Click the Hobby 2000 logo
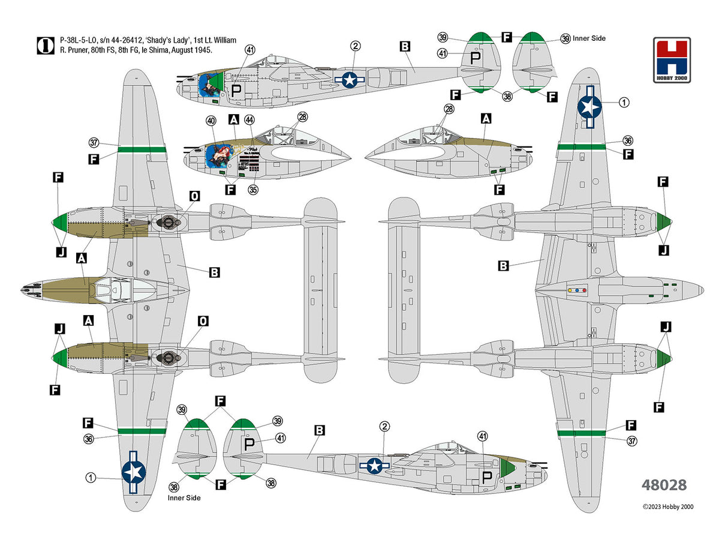[x=672, y=60]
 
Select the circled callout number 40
[x=210, y=121]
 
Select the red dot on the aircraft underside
[x=576, y=290]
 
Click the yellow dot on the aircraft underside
[x=569, y=290]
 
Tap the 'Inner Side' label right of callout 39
[x=589, y=38]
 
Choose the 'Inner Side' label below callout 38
[x=185, y=498]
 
